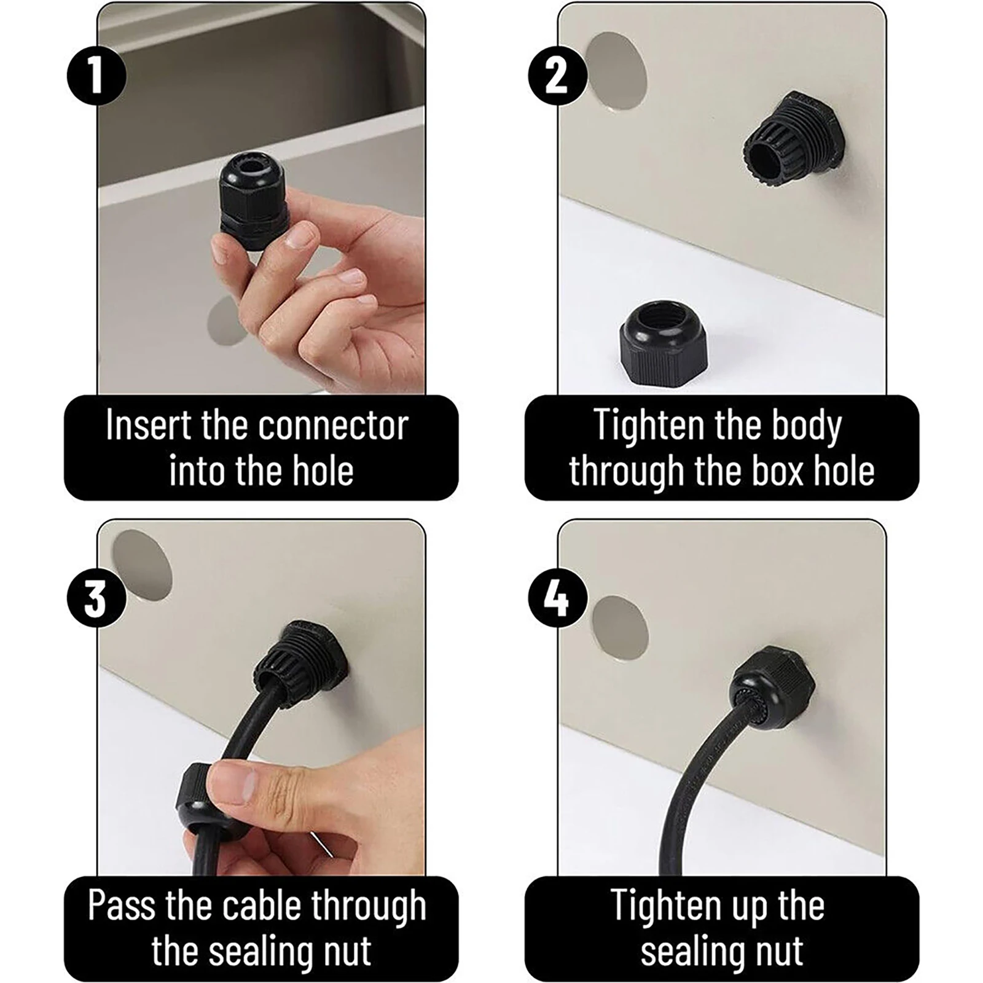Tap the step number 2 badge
click(x=557, y=76)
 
